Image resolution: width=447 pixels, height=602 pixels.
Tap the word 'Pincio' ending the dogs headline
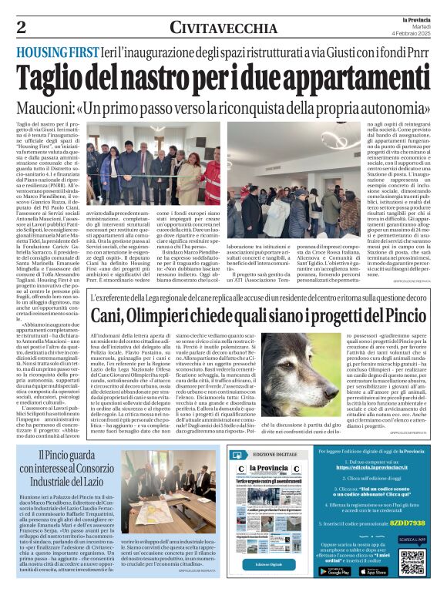point(388,316)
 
